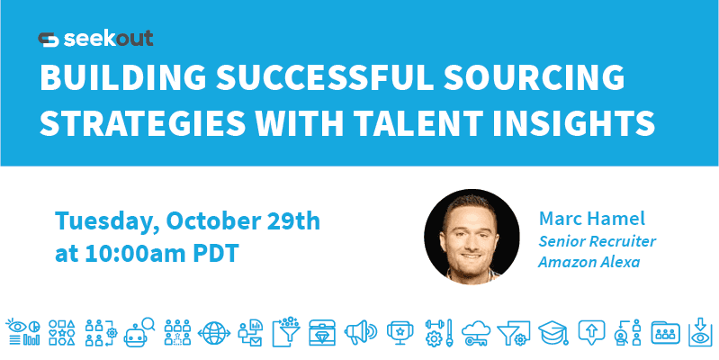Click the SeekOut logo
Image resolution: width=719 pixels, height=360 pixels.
[95, 39]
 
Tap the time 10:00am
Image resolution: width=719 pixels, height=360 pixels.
[134, 253]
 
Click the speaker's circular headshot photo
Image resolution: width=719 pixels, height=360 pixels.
[471, 236]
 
